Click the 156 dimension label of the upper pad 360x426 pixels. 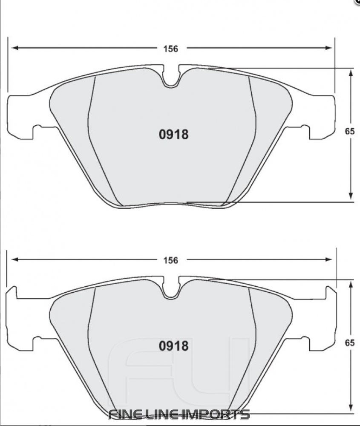tap(170, 49)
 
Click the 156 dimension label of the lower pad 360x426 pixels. tap(170, 260)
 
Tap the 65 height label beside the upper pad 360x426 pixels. tap(350, 132)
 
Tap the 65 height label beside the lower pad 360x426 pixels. tap(350, 343)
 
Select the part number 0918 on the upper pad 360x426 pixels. tap(173, 135)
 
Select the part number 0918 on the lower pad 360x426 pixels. tap(173, 346)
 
